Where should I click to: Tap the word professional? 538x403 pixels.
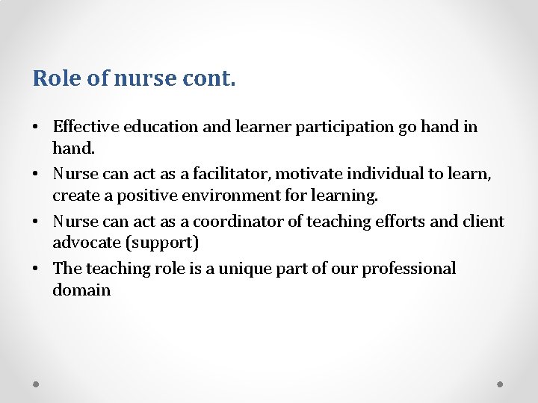[x=409, y=269]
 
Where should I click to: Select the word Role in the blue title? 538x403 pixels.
[x=57, y=78]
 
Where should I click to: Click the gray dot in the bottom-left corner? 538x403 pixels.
[x=37, y=384]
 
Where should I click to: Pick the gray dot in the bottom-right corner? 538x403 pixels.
[x=501, y=384]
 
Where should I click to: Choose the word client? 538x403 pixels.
[x=484, y=221]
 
